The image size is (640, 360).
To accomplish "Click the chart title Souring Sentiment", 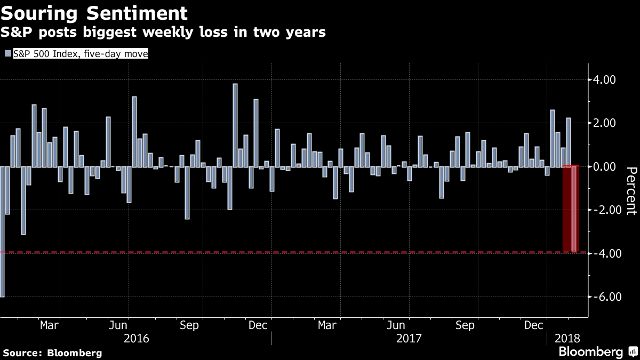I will [95, 12].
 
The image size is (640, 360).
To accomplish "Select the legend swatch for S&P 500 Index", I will [7, 53].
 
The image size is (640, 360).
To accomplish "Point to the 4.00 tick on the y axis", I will [605, 80].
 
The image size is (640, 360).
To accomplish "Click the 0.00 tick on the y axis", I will [605, 166].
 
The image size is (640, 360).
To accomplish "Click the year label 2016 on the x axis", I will [136, 338].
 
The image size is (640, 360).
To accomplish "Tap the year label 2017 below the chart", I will [409, 338].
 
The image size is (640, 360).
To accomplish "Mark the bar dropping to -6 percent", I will [2, 231].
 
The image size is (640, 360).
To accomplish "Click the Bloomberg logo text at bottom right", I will [590, 352].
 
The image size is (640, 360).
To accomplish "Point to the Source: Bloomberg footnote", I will [52, 353].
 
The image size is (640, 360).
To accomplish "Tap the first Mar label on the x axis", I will [50, 325].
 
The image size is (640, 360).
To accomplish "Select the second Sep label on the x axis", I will [465, 325].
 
